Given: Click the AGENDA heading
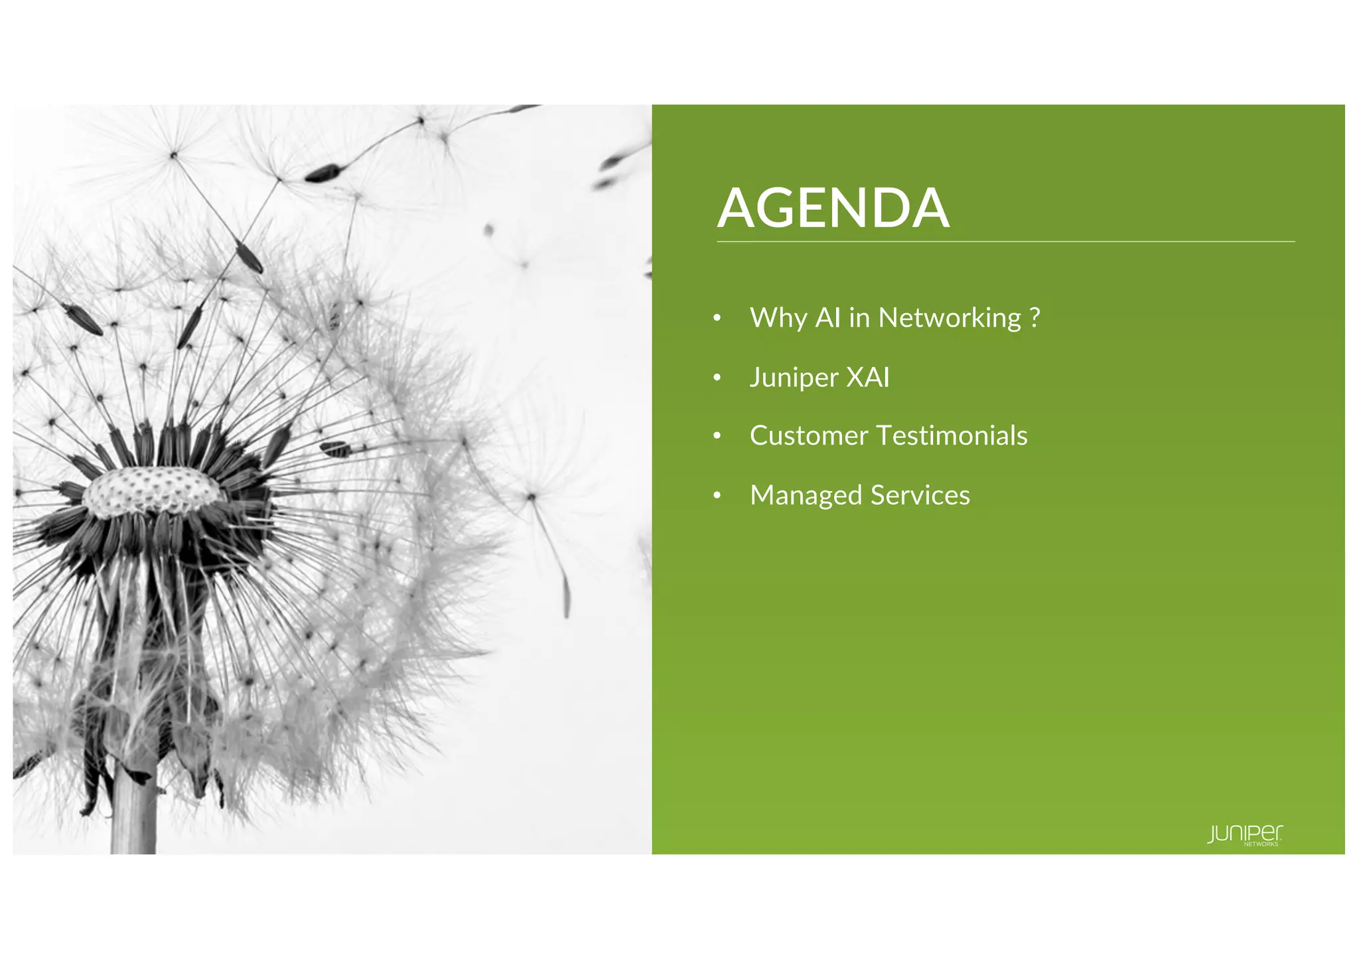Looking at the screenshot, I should click(833, 208).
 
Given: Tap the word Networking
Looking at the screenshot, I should click(950, 319).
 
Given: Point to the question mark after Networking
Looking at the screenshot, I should click(1035, 318).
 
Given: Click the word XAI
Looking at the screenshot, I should click(868, 378).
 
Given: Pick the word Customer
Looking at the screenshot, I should click(808, 436).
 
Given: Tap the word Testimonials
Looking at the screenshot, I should click(952, 436).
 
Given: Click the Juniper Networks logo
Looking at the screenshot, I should click(1245, 835).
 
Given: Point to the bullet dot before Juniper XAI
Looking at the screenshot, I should click(717, 378).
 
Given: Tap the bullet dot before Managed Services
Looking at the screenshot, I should click(717, 496).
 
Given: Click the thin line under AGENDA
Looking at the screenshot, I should click(1005, 242).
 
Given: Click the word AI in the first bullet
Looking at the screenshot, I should click(828, 318).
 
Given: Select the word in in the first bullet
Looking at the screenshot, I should click(859, 318).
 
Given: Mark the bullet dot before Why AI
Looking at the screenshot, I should click(717, 319).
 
